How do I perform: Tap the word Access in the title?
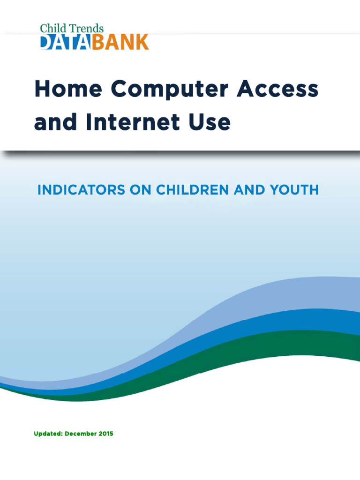tap(278, 89)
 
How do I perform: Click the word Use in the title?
tap(211, 123)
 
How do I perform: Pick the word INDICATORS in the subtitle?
tap(77, 190)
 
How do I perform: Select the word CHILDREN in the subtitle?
tap(195, 190)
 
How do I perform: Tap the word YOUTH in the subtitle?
tap(294, 190)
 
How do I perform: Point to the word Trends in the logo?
tap(86, 29)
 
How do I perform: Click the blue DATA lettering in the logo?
tap(67, 42)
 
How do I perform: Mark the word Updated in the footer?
tap(48, 434)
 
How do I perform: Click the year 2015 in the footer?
tap(105, 434)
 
